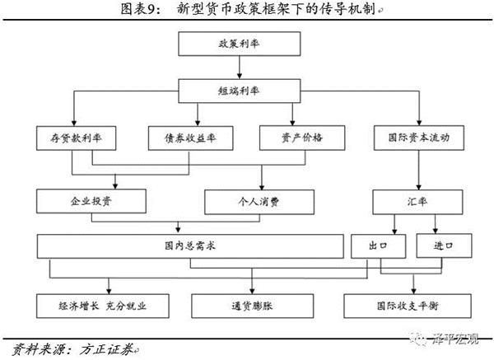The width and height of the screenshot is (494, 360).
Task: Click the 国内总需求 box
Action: point(189,245)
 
